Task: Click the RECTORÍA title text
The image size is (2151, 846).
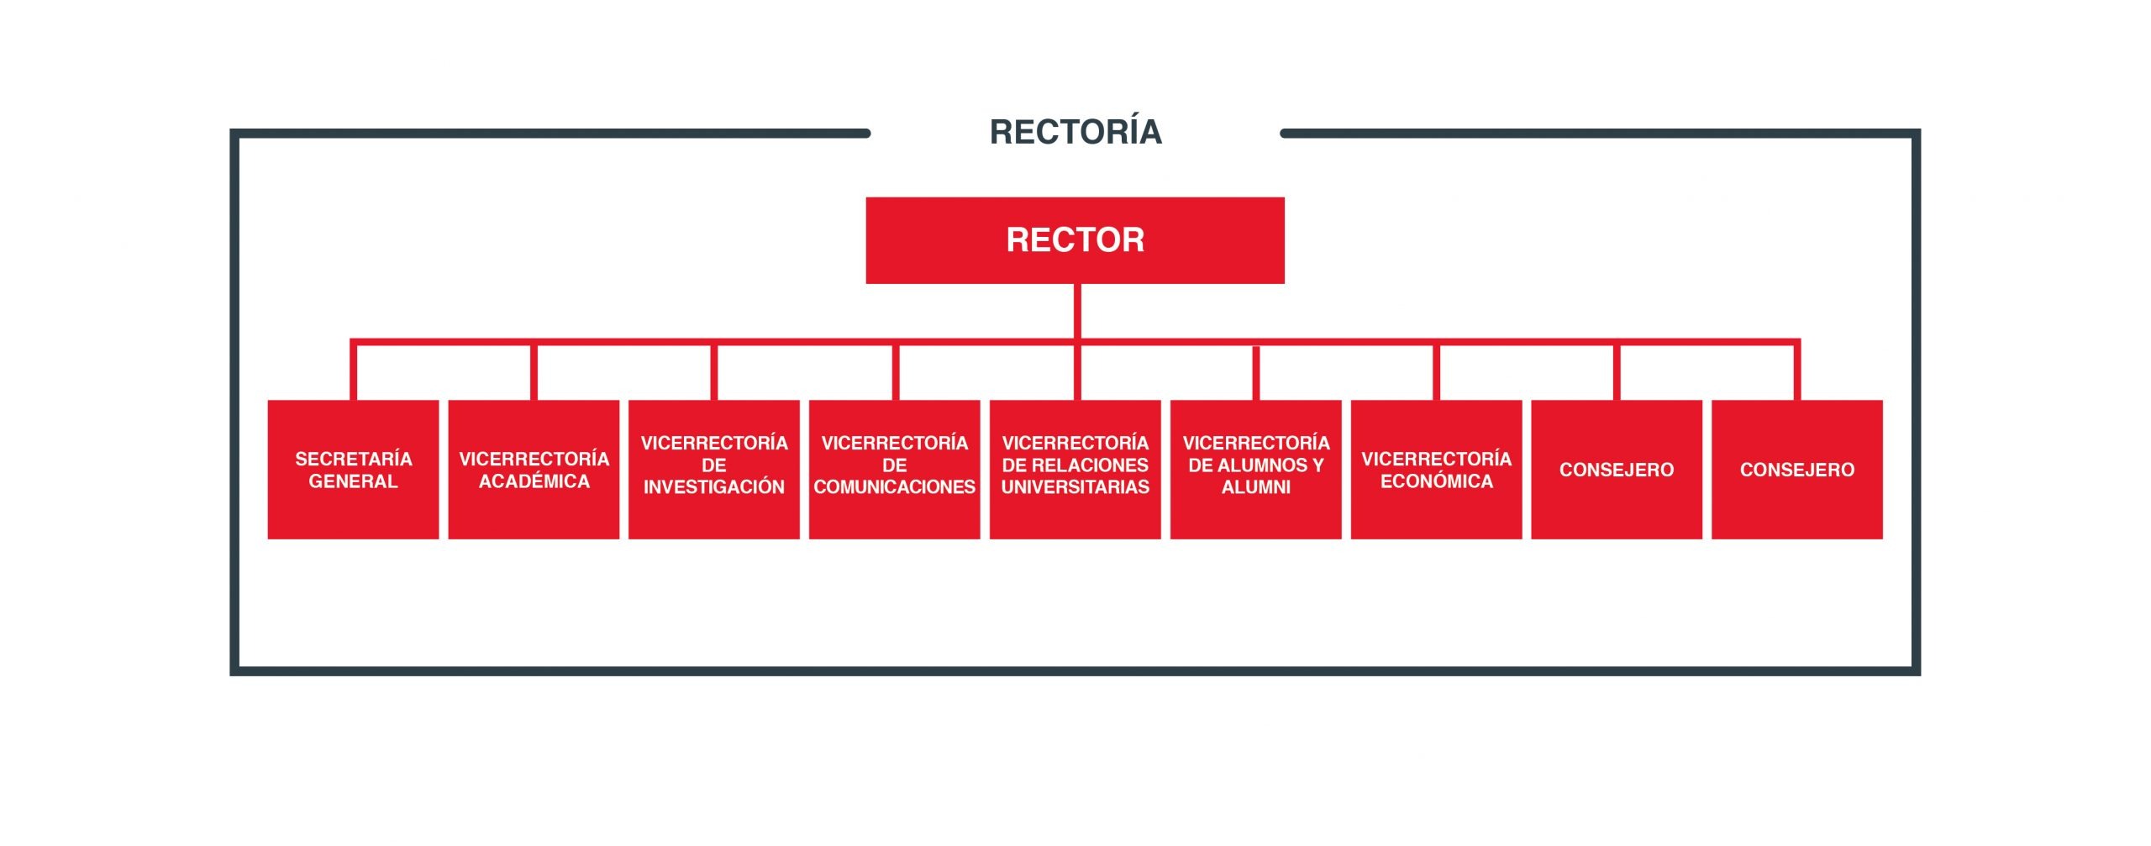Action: click(x=1075, y=132)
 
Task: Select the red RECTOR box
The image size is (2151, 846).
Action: click(x=1075, y=240)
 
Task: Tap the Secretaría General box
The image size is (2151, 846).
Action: click(x=353, y=470)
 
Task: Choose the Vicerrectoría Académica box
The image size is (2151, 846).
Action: click(x=534, y=470)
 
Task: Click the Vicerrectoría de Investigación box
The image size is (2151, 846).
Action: click(x=714, y=470)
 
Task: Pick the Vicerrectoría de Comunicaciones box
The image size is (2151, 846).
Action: click(x=895, y=470)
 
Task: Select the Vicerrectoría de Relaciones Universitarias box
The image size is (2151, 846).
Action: click(x=1075, y=470)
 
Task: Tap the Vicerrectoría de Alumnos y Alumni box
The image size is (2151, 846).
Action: click(x=1256, y=470)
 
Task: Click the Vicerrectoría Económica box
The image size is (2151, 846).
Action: click(x=1437, y=470)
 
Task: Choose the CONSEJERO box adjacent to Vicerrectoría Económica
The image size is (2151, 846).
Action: click(x=1617, y=470)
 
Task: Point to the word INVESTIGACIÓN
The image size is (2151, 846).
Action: click(x=714, y=487)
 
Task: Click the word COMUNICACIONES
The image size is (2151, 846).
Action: click(x=895, y=487)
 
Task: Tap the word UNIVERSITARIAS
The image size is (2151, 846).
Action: click(x=1075, y=487)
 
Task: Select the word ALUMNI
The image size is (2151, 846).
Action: click(x=1256, y=487)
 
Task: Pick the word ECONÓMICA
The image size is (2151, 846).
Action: click(x=1437, y=481)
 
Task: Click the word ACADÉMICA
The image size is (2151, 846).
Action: click(x=534, y=481)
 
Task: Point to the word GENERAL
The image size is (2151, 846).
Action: click(x=353, y=481)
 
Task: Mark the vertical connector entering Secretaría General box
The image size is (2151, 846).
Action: click(x=354, y=370)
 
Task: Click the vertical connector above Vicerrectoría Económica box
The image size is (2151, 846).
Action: click(x=1437, y=372)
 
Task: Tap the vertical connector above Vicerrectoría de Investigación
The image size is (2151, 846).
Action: click(x=714, y=372)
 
